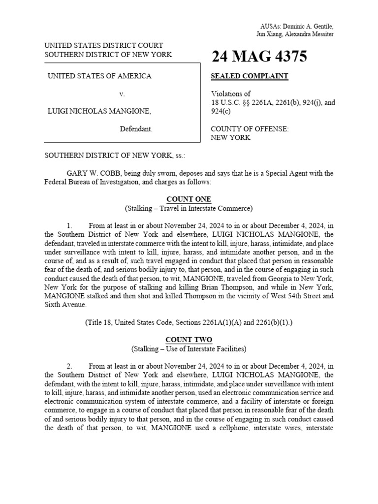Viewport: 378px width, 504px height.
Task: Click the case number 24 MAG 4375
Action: coord(259,57)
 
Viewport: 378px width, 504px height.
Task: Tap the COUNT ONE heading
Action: coord(189,199)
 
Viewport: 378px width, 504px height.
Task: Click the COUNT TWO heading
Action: coord(189,340)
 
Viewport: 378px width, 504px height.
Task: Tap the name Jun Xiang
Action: coord(268,34)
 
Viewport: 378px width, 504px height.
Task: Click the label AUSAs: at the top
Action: coord(270,26)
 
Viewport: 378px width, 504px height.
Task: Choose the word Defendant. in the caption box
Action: coord(136,129)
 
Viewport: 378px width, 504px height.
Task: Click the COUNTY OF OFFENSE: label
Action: coord(250,129)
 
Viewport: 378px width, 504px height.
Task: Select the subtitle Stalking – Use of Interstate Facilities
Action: coord(189,349)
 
